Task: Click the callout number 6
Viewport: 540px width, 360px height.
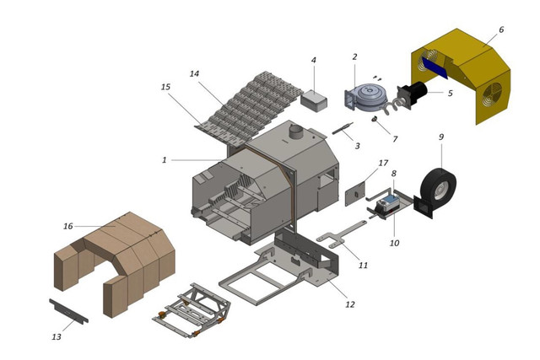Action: pyautogui.click(x=501, y=30)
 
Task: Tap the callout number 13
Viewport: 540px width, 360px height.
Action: pyautogui.click(x=57, y=336)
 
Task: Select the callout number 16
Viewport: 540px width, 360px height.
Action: pyautogui.click(x=68, y=226)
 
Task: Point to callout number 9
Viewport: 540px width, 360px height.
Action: pyautogui.click(x=441, y=137)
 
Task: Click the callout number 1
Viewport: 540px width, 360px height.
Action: pyautogui.click(x=165, y=160)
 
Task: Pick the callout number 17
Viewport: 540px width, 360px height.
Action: pyautogui.click(x=383, y=163)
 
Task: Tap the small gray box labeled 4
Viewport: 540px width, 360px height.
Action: pyautogui.click(x=314, y=100)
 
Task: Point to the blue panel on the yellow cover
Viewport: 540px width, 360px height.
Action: pyautogui.click(x=435, y=67)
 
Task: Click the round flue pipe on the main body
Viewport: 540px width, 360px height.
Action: pyautogui.click(x=296, y=132)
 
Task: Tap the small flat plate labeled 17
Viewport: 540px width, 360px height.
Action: pyautogui.click(x=355, y=194)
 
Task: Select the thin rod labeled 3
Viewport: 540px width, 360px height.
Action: pyautogui.click(x=343, y=129)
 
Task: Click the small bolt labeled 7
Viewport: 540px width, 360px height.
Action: pyautogui.click(x=374, y=119)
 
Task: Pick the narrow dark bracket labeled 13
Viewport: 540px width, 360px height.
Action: pyautogui.click(x=68, y=311)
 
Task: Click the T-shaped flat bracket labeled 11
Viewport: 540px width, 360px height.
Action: pyautogui.click(x=341, y=234)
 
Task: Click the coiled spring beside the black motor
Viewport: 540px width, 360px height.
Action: pyautogui.click(x=391, y=106)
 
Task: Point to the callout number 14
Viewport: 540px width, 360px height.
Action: pyautogui.click(x=195, y=73)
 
